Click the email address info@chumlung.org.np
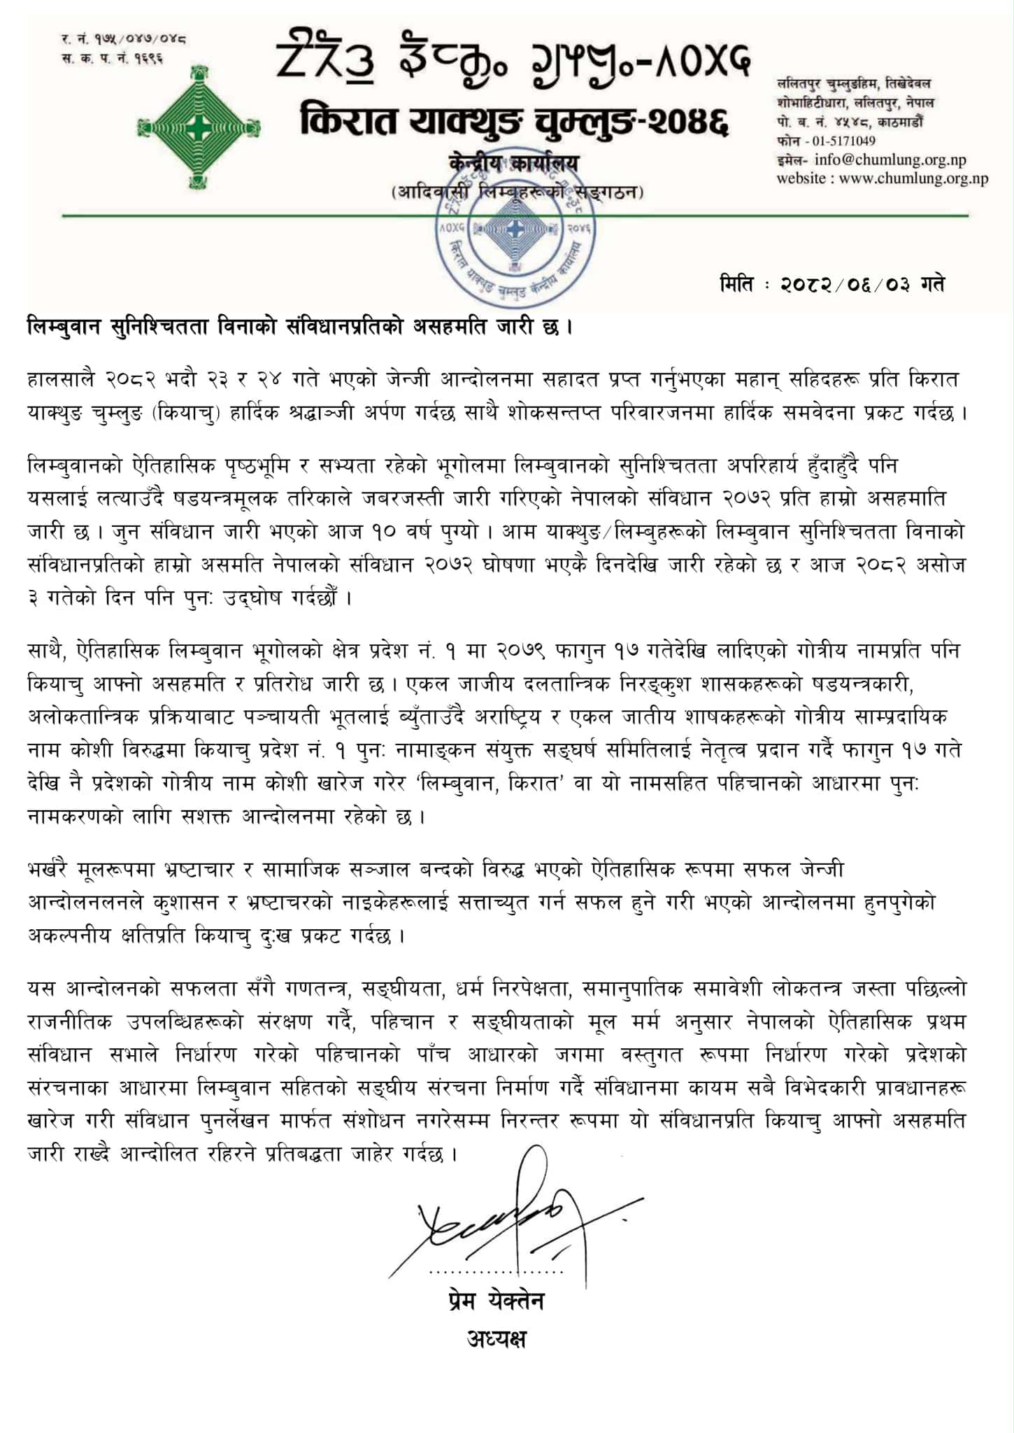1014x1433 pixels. (x=890, y=160)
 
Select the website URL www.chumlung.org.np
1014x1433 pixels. (x=913, y=178)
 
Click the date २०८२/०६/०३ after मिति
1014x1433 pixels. (x=845, y=285)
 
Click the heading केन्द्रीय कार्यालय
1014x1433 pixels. (x=514, y=163)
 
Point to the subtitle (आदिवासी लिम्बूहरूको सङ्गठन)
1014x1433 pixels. (x=517, y=191)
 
